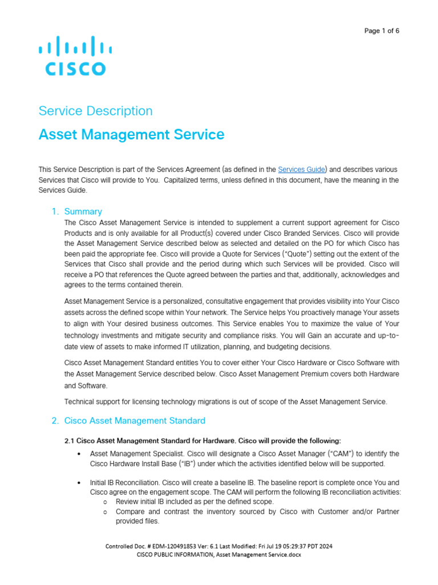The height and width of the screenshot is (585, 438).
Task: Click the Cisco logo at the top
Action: [x=72, y=55]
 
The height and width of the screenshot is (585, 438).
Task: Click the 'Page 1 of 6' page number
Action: [x=382, y=31]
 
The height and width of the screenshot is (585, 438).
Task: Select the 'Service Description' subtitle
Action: [x=95, y=111]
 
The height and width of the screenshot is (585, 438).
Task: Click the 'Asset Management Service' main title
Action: [x=131, y=135]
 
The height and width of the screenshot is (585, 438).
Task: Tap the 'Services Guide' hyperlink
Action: [x=302, y=170]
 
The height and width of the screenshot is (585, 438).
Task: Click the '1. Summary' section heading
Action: [x=77, y=211]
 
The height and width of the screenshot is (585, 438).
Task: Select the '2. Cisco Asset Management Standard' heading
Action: [x=128, y=421]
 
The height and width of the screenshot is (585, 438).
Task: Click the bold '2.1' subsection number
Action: [x=70, y=440]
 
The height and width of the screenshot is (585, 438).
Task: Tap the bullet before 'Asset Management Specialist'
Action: [x=78, y=454]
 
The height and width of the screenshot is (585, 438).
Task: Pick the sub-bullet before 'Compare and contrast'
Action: [x=106, y=512]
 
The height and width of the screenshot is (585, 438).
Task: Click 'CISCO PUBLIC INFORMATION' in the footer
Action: [x=173, y=554]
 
